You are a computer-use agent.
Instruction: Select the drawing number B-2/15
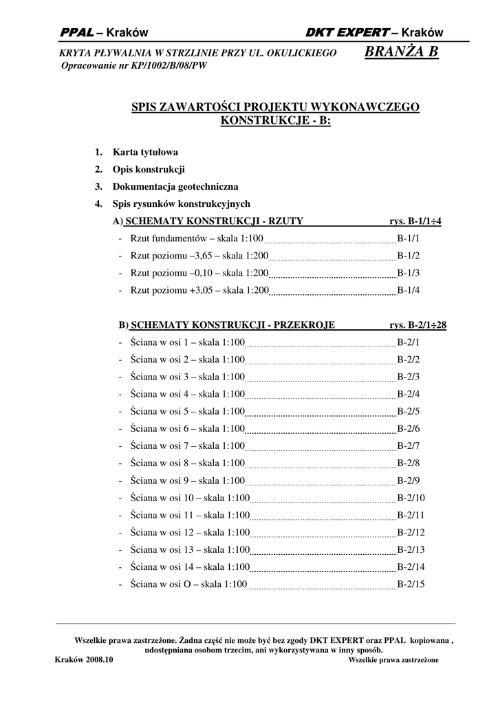(411, 584)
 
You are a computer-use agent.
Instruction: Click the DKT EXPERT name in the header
(347, 33)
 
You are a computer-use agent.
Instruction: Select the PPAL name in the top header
(75, 33)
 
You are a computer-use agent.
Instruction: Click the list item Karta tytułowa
(145, 152)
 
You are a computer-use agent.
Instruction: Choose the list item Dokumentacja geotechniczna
(175, 186)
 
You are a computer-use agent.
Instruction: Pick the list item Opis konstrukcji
(149, 169)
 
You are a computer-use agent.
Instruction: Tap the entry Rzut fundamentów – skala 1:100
(197, 239)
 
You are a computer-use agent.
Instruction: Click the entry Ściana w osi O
(188, 584)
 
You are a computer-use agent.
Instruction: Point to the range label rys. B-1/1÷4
(415, 221)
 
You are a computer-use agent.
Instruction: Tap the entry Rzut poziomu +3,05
(199, 290)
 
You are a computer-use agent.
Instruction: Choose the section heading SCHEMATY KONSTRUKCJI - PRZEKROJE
(232, 325)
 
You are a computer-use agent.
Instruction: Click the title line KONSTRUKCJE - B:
(275, 120)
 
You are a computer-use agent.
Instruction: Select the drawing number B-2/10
(411, 498)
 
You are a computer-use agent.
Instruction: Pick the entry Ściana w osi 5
(187, 411)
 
